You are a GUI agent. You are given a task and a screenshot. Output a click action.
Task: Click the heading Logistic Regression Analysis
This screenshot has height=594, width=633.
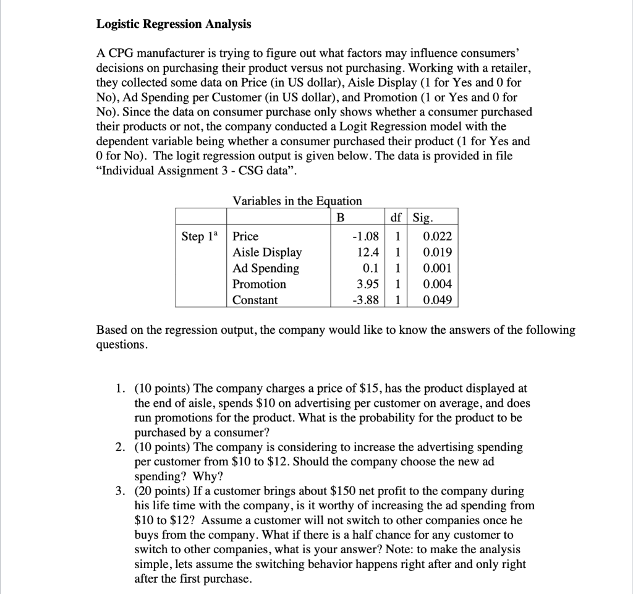point(174,24)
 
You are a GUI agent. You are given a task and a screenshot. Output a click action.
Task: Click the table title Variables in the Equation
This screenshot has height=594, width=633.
point(297,201)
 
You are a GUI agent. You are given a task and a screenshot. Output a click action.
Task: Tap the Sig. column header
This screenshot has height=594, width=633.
point(423,217)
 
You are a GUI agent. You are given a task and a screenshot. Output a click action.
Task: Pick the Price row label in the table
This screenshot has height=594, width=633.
point(245,236)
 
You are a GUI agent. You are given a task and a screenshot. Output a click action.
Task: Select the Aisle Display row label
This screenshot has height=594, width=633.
point(267,252)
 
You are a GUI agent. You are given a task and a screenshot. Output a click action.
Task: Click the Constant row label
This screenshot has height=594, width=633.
point(255,300)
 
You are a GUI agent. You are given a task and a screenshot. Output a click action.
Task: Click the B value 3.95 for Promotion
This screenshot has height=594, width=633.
point(367,284)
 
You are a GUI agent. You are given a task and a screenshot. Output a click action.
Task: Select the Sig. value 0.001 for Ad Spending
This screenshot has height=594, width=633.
point(436,268)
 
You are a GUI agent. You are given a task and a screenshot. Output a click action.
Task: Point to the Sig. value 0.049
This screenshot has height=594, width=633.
point(436,300)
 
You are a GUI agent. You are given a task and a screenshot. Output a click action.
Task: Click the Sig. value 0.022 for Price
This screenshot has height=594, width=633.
point(436,236)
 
